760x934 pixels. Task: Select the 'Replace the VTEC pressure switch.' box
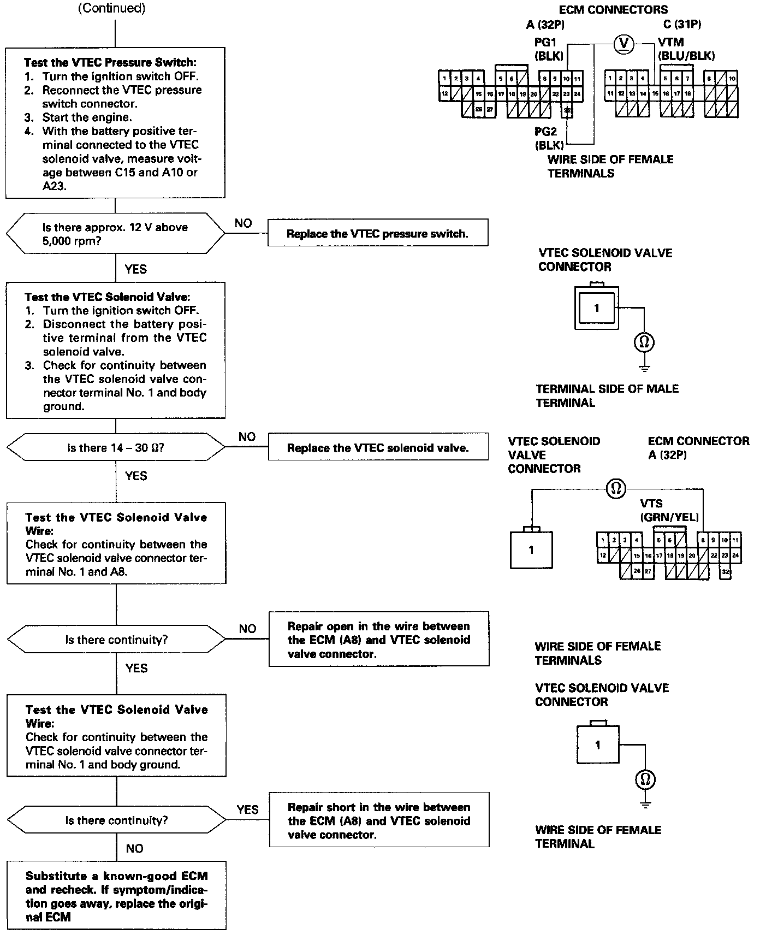[377, 234]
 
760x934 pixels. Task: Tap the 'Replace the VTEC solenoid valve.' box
[378, 448]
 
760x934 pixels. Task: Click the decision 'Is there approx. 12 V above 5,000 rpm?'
[115, 234]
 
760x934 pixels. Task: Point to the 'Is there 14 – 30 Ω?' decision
[116, 448]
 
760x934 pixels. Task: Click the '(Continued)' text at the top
[112, 9]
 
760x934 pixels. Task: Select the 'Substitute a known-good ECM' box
[116, 896]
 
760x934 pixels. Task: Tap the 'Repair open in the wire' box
[379, 639]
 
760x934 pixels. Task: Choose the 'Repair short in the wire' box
[379, 820]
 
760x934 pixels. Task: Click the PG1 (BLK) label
[547, 49]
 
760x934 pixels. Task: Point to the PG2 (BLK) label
[548, 138]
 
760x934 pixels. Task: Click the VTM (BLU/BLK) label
[686, 49]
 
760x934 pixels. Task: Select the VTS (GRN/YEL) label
[669, 511]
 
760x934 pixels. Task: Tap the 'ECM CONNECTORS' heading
[613, 9]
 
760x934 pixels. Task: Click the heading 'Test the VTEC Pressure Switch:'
[110, 63]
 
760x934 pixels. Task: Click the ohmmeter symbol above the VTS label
[616, 488]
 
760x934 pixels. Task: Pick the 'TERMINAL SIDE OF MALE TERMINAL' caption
[607, 395]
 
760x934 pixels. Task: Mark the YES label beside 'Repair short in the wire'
[247, 809]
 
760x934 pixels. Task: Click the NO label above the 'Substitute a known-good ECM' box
[134, 848]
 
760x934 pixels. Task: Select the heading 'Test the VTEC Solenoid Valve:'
[108, 297]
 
